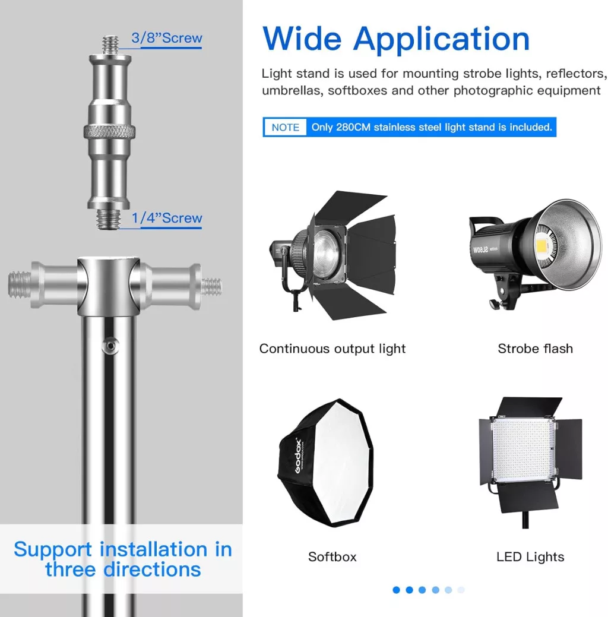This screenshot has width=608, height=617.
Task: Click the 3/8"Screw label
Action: point(167,38)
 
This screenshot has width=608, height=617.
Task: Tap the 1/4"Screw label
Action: point(167,217)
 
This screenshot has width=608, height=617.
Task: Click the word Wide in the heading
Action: point(302,39)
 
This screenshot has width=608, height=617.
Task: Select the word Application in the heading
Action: point(442,41)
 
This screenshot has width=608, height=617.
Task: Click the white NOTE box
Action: point(286,127)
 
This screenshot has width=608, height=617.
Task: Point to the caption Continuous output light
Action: point(332,349)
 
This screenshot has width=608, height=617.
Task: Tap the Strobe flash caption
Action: point(535,349)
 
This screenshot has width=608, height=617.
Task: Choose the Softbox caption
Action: point(332,557)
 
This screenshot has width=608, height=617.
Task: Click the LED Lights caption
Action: point(530,557)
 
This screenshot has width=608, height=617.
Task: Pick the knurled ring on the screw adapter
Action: point(109,131)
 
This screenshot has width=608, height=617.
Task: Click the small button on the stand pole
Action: point(111,346)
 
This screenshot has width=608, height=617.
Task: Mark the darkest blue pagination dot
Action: point(396,590)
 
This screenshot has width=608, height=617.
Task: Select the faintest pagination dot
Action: point(461,590)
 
